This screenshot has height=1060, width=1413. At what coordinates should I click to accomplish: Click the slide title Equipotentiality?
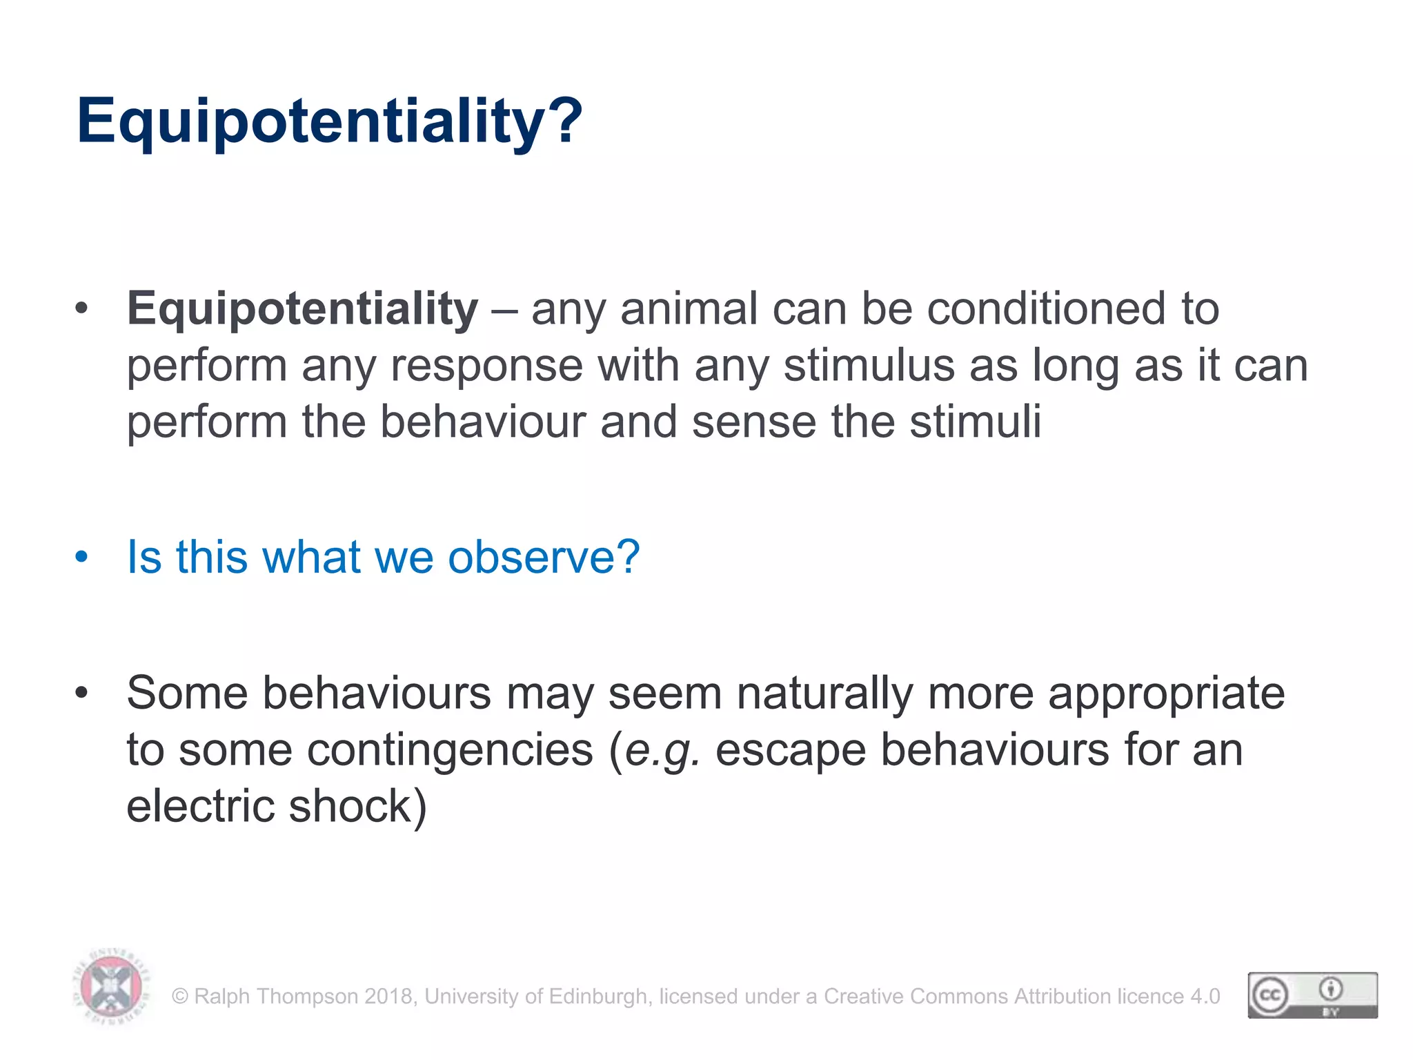[330, 121]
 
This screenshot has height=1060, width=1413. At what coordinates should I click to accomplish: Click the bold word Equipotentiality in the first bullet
[302, 308]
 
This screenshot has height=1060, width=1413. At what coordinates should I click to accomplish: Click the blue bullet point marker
[82, 557]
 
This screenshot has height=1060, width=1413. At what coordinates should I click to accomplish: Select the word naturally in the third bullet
[824, 693]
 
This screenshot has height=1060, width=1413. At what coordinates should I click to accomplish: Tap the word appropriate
[1167, 693]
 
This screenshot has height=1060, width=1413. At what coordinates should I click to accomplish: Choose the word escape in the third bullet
[791, 750]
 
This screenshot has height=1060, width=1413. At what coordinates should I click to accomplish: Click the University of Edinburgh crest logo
[111, 987]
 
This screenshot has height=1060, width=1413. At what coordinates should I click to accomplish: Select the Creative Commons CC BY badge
[1312, 995]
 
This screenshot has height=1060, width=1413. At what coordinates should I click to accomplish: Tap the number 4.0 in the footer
[1205, 997]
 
